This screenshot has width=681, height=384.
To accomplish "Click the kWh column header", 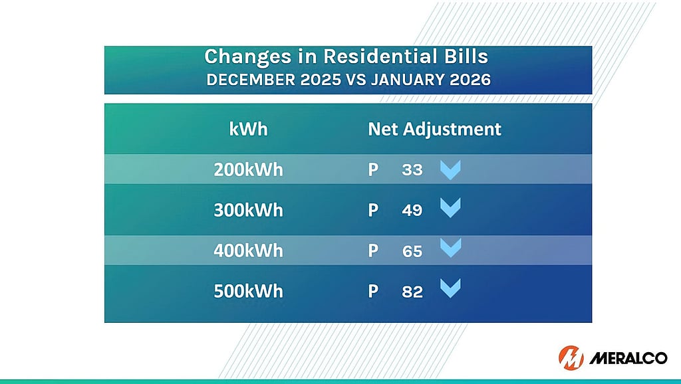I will point(248,128).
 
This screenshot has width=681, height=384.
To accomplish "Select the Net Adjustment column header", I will point(434,128).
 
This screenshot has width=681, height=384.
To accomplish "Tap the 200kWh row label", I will point(248,169).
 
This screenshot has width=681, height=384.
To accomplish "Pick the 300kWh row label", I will point(248,210).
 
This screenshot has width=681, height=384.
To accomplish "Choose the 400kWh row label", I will point(248,250).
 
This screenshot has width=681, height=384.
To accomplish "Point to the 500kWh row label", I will point(248,291).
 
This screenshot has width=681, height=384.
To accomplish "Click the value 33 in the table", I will point(412,170).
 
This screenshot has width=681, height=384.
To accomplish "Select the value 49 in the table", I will point(412,211).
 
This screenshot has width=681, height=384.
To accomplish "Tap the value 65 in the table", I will point(412,251).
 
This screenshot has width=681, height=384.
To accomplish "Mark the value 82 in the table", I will point(412,292).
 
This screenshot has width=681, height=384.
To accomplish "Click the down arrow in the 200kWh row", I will point(450,170).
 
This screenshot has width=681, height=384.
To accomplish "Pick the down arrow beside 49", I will point(450,209).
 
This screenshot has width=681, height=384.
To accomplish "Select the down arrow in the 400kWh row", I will point(450,248).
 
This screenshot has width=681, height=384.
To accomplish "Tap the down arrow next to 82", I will point(450,288).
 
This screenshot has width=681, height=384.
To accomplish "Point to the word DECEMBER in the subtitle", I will point(247,80).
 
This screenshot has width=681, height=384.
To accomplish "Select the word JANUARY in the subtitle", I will point(412,80).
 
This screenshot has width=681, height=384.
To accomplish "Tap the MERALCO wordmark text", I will point(628,359).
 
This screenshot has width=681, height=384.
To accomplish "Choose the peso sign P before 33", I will point(373,169).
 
